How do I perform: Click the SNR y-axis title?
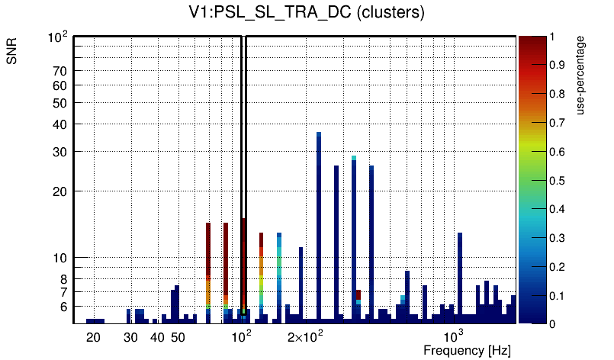click(12, 53)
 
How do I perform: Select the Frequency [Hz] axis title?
click(467, 350)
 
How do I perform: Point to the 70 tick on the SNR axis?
click(59, 71)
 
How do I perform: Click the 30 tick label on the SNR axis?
click(59, 152)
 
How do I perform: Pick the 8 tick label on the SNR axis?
click(63, 279)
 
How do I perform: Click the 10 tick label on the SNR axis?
click(59, 258)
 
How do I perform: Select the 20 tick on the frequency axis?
click(93, 337)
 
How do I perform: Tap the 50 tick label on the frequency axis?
click(177, 337)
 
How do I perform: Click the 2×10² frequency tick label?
click(304, 336)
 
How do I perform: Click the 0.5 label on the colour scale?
click(558, 181)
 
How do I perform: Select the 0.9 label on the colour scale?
click(558, 66)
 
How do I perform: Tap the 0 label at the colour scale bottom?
click(551, 324)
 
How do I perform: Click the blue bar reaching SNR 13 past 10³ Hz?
click(460, 275)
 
